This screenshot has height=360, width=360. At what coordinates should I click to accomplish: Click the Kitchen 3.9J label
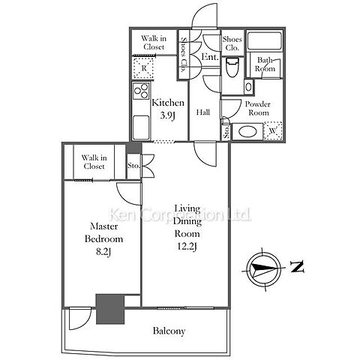tap(168, 109)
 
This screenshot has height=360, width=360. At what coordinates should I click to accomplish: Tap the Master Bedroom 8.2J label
tap(103, 239)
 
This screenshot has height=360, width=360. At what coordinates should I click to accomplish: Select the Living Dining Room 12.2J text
tap(187, 227)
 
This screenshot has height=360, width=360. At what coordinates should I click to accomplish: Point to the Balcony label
tap(169, 331)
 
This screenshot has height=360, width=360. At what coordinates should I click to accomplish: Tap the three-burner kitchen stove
tap(141, 91)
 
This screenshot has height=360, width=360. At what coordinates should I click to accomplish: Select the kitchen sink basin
tap(141, 127)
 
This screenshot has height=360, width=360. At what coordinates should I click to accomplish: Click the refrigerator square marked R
tap(143, 68)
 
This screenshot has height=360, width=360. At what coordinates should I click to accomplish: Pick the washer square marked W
tap(273, 130)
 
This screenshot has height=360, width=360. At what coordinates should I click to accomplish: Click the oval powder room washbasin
tap(247, 131)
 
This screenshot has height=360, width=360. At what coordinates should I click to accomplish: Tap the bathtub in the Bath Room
tap(265, 41)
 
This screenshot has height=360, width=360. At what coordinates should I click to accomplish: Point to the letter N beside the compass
tap(297, 267)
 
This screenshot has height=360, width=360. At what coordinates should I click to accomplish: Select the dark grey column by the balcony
tap(110, 309)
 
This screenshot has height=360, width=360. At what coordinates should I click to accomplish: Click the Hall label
tap(202, 112)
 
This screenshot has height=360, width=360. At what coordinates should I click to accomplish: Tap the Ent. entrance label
tap(210, 57)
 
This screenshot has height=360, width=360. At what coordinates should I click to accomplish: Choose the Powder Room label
tap(258, 109)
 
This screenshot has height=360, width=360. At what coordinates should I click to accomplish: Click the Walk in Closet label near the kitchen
tap(154, 43)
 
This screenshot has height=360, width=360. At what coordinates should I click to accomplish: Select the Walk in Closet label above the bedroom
tap(94, 162)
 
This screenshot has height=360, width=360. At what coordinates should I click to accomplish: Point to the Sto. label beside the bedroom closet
tap(133, 166)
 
